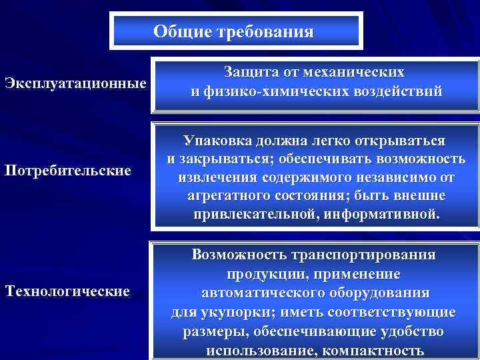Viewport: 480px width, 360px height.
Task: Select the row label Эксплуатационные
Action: [75, 85]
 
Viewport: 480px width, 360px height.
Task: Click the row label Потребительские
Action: [67, 171]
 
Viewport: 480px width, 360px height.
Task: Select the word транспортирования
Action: [364, 255]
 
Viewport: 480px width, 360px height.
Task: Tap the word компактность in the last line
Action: [369, 351]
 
